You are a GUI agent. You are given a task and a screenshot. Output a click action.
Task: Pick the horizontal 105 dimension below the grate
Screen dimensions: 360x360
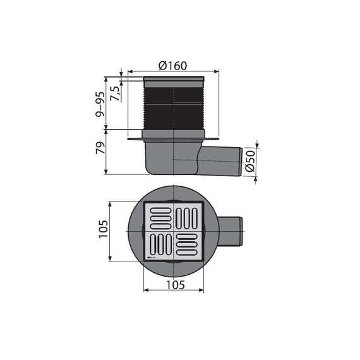(174, 285)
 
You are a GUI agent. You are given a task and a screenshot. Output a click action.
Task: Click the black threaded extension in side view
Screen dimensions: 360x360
(174, 107)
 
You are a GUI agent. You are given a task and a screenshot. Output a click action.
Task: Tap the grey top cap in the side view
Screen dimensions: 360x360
(174, 80)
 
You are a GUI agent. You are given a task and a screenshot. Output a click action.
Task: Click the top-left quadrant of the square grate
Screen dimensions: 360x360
(159, 216)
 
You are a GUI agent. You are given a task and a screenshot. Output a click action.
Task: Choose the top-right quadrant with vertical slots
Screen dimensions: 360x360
(188, 216)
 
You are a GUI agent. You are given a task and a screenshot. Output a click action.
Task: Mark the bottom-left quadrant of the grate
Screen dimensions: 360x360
(159, 245)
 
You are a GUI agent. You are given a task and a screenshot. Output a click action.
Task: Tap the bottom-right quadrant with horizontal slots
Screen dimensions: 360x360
(188, 245)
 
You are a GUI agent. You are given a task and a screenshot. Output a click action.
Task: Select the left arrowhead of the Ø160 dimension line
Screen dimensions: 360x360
(131, 71)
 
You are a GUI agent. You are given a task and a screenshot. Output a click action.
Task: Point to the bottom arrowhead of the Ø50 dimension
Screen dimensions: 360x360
(256, 178)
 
